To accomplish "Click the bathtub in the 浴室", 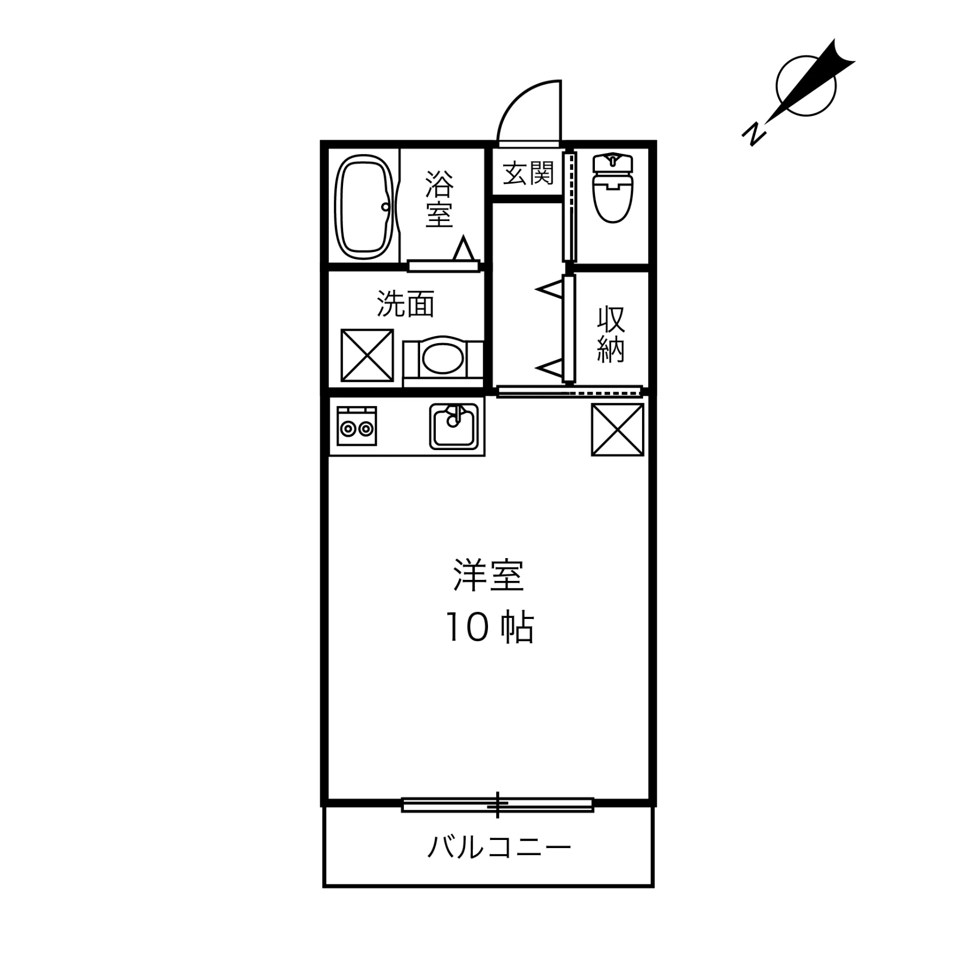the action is click(x=364, y=207).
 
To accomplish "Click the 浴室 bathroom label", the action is click(x=439, y=199).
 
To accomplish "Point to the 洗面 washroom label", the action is click(x=405, y=304).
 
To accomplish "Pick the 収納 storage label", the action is click(x=611, y=334).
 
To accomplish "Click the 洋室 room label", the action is click(x=488, y=576).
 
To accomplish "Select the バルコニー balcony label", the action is click(x=499, y=848).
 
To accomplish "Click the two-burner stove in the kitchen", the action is click(x=357, y=426).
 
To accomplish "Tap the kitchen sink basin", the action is click(x=454, y=427).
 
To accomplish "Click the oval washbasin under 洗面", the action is click(x=442, y=358).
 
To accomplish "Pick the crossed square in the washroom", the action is click(x=367, y=355).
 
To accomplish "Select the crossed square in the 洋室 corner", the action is click(x=617, y=429).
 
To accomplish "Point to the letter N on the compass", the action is click(x=754, y=134).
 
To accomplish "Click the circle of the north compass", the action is click(x=806, y=86).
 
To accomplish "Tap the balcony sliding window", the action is click(x=497, y=805).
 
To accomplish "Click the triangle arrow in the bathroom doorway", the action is click(x=464, y=249).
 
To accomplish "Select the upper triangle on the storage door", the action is click(x=550, y=289).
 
